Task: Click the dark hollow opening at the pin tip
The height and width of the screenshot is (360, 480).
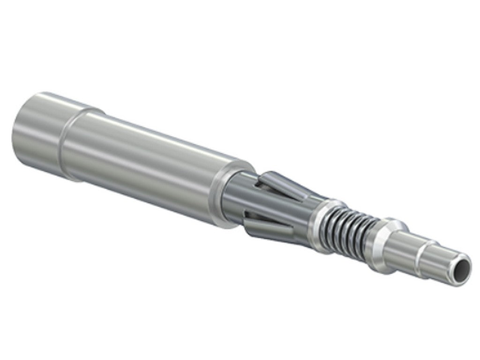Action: coord(461,267)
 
